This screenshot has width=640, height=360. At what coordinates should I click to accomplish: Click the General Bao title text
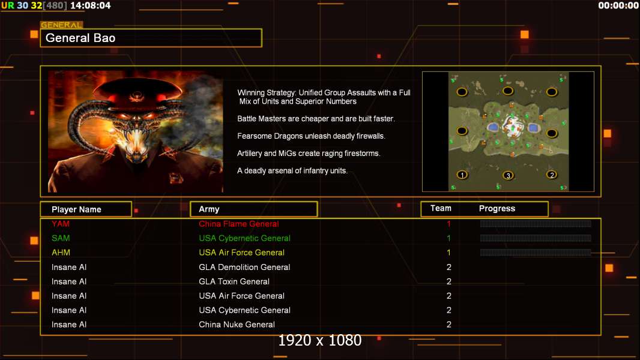[x=80, y=38]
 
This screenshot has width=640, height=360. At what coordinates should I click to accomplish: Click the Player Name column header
[x=76, y=209]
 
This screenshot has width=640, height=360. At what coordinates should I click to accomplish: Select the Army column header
[x=209, y=209]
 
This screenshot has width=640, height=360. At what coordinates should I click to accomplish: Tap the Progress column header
[x=497, y=209]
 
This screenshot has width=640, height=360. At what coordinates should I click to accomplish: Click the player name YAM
[x=61, y=224]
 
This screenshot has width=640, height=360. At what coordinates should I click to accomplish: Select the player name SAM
[x=61, y=238]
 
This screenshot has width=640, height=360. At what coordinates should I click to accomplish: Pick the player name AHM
[x=61, y=253]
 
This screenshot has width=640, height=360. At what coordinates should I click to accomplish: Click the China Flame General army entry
[x=239, y=224]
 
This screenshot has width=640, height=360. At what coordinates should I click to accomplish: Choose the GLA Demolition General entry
[x=244, y=267]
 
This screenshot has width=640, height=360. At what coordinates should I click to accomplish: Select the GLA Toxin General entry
[x=234, y=281]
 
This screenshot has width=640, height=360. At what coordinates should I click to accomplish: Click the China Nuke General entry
[x=237, y=325]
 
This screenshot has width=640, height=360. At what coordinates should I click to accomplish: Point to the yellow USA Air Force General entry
[x=241, y=253]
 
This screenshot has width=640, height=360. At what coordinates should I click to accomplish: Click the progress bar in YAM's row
[x=536, y=223]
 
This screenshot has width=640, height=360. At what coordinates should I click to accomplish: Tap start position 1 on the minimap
[x=462, y=175]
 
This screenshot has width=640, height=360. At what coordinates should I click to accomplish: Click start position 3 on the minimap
[x=508, y=176]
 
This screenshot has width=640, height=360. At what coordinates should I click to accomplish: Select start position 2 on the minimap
[x=552, y=175]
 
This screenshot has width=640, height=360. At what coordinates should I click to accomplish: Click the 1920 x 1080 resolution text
[x=320, y=340]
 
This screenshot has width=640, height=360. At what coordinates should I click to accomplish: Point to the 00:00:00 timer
[x=618, y=5]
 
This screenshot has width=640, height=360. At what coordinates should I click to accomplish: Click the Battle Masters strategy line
[x=316, y=119]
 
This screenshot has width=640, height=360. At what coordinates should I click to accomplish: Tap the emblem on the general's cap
[x=136, y=97]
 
